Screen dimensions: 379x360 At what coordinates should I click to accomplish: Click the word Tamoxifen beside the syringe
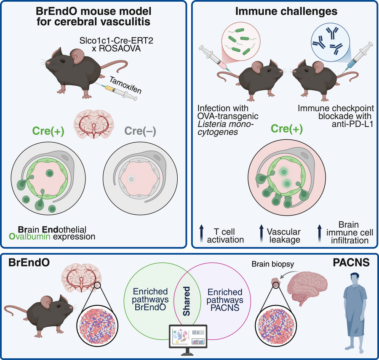click(x=125, y=85)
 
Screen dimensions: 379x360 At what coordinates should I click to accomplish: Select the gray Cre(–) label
click(x=140, y=131)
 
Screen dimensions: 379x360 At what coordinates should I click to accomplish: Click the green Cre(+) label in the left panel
click(x=48, y=131)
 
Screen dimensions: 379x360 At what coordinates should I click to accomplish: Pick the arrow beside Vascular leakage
click(x=261, y=233)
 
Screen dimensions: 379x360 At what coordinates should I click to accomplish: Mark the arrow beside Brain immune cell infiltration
click(x=320, y=233)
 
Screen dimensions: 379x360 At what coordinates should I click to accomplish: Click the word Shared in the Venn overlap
click(x=187, y=301)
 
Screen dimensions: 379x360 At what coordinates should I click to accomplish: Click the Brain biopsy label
click(x=272, y=264)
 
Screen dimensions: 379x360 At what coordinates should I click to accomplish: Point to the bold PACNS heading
click(x=351, y=263)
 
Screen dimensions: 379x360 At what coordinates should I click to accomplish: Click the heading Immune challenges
click(x=286, y=11)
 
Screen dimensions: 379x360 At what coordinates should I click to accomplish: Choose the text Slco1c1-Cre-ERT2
click(x=116, y=40)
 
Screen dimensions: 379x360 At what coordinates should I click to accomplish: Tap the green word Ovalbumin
click(x=29, y=236)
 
